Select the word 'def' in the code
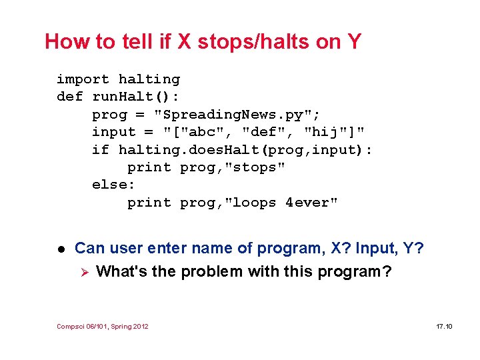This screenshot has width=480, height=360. (x=69, y=97)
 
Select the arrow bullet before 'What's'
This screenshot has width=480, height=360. (x=83, y=271)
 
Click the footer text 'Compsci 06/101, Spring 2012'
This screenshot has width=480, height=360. (x=103, y=326)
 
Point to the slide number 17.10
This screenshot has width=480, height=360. (x=444, y=326)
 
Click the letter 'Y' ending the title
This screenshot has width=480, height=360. (x=353, y=42)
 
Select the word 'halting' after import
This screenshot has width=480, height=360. (x=149, y=79)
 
